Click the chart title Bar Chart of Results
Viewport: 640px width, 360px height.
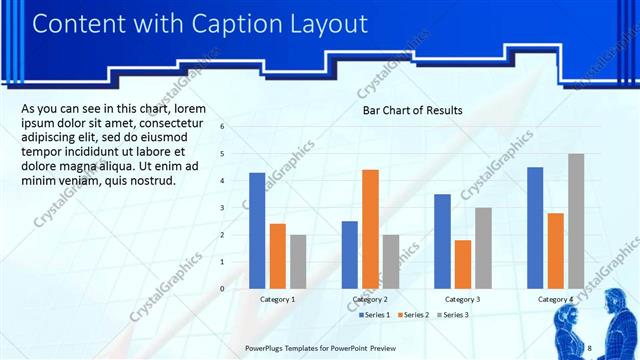click(x=412, y=110)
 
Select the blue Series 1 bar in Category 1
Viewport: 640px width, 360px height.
click(x=257, y=230)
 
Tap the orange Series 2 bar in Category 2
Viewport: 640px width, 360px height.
click(x=370, y=229)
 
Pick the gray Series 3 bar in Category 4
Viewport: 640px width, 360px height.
click(x=575, y=221)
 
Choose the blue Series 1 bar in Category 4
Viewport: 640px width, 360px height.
click(x=535, y=227)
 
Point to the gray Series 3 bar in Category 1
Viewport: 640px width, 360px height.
click(x=298, y=261)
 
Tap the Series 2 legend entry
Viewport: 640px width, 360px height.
click(x=415, y=315)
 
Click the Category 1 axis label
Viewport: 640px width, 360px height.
click(x=277, y=299)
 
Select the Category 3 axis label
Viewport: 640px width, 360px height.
click(x=462, y=299)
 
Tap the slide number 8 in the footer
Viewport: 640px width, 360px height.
click(x=590, y=347)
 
